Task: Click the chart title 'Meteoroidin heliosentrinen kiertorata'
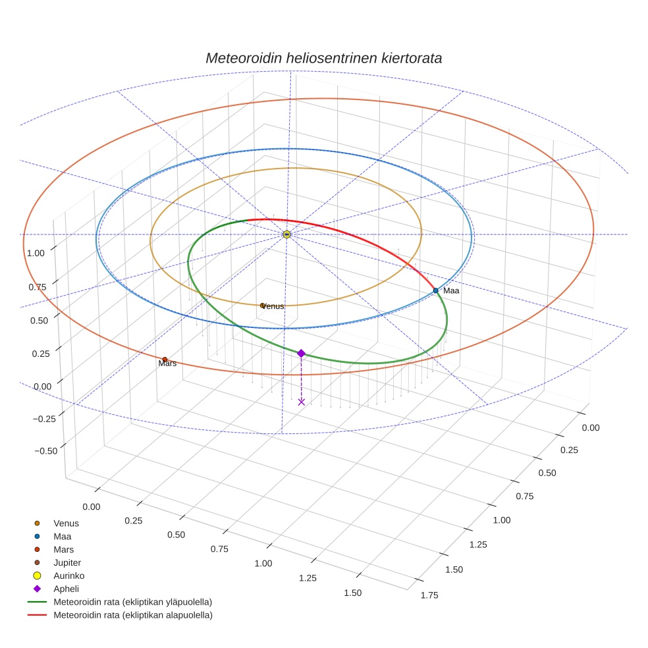point(323,58)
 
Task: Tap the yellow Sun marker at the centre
point(286,234)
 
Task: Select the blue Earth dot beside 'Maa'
point(435,290)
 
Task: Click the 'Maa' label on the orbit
point(451,290)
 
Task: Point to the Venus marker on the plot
point(262,306)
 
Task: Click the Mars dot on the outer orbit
point(165,360)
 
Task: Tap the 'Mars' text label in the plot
point(167,364)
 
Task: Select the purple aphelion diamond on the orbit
point(301,354)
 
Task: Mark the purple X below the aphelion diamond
point(301,402)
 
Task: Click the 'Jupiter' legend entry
point(67,562)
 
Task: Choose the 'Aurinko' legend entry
point(68,576)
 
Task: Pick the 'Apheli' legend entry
point(66,589)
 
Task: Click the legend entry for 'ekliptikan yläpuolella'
point(132,602)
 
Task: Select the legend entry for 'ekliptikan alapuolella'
point(132,615)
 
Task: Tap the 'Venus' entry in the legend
point(66,524)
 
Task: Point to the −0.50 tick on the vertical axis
point(44,450)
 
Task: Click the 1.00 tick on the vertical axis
point(36,253)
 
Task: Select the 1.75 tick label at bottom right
point(429,595)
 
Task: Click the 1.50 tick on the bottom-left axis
point(352,593)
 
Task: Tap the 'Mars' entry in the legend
point(63,549)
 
